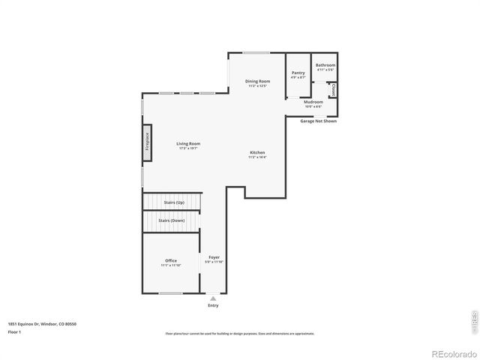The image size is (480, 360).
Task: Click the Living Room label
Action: click(x=188, y=143)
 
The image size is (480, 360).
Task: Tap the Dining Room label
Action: click(x=257, y=81)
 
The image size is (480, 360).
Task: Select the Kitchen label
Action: click(x=257, y=153)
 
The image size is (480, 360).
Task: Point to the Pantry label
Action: click(x=298, y=73)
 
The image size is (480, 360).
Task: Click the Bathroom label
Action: click(x=325, y=65)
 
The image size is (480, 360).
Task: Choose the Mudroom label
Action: click(x=313, y=102)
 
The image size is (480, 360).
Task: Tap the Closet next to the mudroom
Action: click(x=333, y=90)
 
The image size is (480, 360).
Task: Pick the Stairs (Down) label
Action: click(x=172, y=220)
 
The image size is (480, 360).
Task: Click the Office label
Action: click(x=171, y=261)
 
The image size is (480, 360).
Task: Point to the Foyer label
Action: click(x=214, y=257)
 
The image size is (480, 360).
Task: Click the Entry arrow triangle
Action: click(x=213, y=298)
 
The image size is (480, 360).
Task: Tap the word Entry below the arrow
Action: click(x=213, y=306)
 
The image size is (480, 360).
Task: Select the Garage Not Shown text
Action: click(x=318, y=121)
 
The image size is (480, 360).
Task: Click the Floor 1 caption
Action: click(x=14, y=331)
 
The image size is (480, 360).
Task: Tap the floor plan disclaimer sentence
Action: click(x=239, y=333)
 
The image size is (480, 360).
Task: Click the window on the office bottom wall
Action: click(x=171, y=293)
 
